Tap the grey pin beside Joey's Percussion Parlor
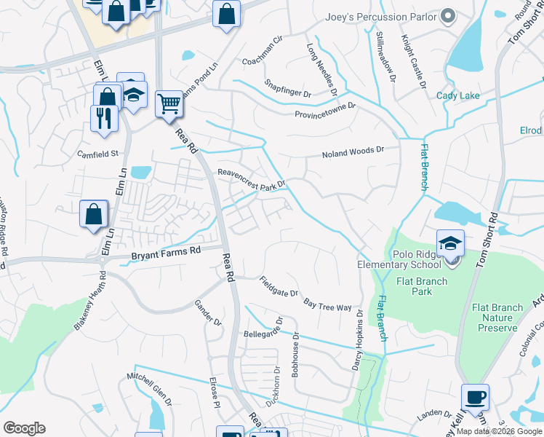449,16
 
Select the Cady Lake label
458,95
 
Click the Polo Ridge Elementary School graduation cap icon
451,243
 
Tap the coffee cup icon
476,398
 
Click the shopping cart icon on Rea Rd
169,104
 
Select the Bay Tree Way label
327,303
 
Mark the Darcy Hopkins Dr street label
357,342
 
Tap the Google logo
25,428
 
